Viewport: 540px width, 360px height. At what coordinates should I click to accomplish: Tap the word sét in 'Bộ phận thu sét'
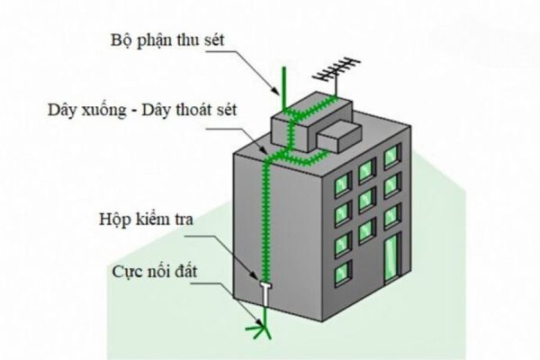click(210, 42)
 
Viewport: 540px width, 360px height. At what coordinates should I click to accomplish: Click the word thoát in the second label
click(213, 114)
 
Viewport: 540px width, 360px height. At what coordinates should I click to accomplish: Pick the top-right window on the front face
click(391, 157)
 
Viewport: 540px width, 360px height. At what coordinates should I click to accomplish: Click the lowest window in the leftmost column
click(342, 271)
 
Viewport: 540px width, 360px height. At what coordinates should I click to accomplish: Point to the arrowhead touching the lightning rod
click(281, 89)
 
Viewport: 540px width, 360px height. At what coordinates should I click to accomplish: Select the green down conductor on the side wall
click(266, 216)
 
